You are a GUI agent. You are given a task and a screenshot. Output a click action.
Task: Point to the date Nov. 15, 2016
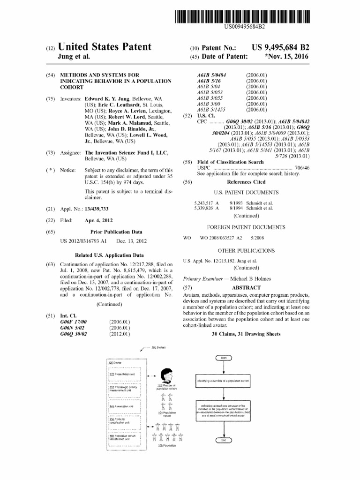287,57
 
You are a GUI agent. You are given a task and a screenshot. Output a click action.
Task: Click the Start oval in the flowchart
223,358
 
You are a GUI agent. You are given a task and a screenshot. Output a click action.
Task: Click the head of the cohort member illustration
166,375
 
